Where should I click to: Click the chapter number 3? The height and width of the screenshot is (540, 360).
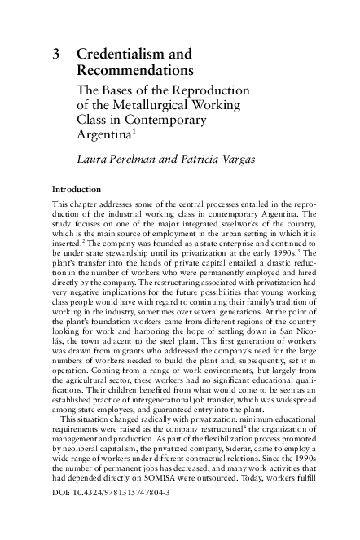55,55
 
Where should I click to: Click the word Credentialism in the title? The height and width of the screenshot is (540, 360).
123,55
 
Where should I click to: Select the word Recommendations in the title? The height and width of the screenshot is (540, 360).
134,72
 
